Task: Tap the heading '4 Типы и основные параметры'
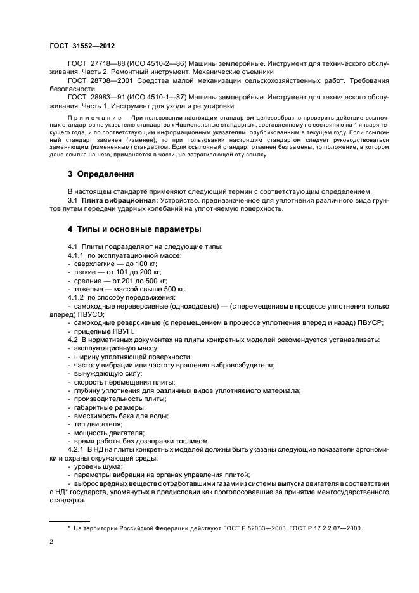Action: [x=134, y=228]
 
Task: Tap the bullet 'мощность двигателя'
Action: [x=105, y=433]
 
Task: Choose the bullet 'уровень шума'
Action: [x=98, y=466]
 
